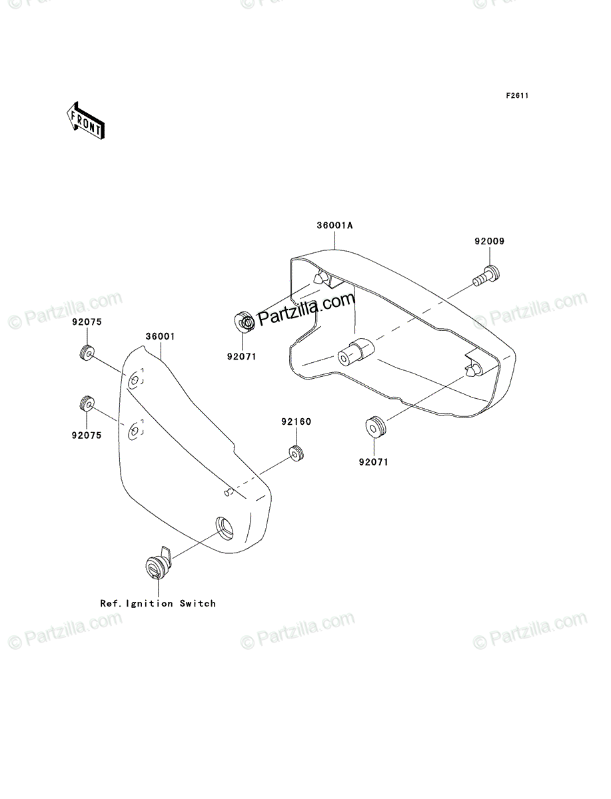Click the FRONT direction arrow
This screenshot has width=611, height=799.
tap(85, 121)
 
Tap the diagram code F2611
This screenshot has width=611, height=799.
tap(517, 96)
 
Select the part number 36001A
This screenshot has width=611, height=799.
tap(334, 225)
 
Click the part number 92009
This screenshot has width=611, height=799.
tap(489, 241)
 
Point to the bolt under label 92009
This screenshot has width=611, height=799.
tap(486, 276)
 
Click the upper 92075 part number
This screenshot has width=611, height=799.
tap(87, 322)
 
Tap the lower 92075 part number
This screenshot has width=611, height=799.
tap(87, 435)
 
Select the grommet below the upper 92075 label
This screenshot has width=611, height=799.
tap(87, 353)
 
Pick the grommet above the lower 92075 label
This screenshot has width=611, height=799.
tap(87, 403)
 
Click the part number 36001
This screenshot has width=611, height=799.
tap(160, 336)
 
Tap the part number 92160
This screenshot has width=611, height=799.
tap(296, 421)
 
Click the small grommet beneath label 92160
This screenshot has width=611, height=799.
tap(297, 453)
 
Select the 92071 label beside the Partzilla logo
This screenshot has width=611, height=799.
tap(242, 357)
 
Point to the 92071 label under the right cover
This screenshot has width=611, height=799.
tap(374, 462)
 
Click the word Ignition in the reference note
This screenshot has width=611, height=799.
tap(149, 604)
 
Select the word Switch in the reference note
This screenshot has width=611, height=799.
tap(198, 603)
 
